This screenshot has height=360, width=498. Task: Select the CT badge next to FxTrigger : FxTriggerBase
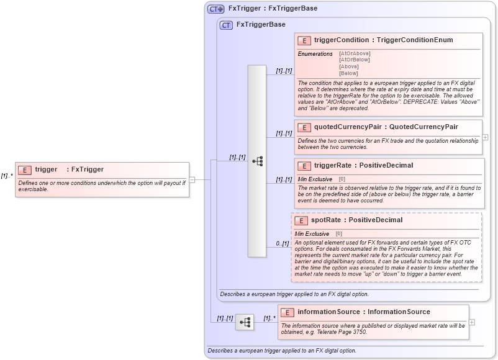216,9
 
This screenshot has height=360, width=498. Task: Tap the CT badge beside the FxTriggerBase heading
227,25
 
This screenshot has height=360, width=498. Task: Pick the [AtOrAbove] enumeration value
355,53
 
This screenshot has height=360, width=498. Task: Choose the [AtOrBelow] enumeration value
355,60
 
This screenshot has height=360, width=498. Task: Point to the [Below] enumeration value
348,73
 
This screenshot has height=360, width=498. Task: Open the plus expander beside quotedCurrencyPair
485,137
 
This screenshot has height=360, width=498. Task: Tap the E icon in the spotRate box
301,220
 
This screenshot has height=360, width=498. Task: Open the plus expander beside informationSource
472,322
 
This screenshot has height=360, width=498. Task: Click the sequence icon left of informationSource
245,322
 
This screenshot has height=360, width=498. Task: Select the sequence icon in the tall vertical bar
257,161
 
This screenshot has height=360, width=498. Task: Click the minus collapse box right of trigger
192,180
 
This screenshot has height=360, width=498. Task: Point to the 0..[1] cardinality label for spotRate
282,243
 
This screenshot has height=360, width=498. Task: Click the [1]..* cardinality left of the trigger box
7,176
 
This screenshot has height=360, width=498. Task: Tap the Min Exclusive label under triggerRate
315,179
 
